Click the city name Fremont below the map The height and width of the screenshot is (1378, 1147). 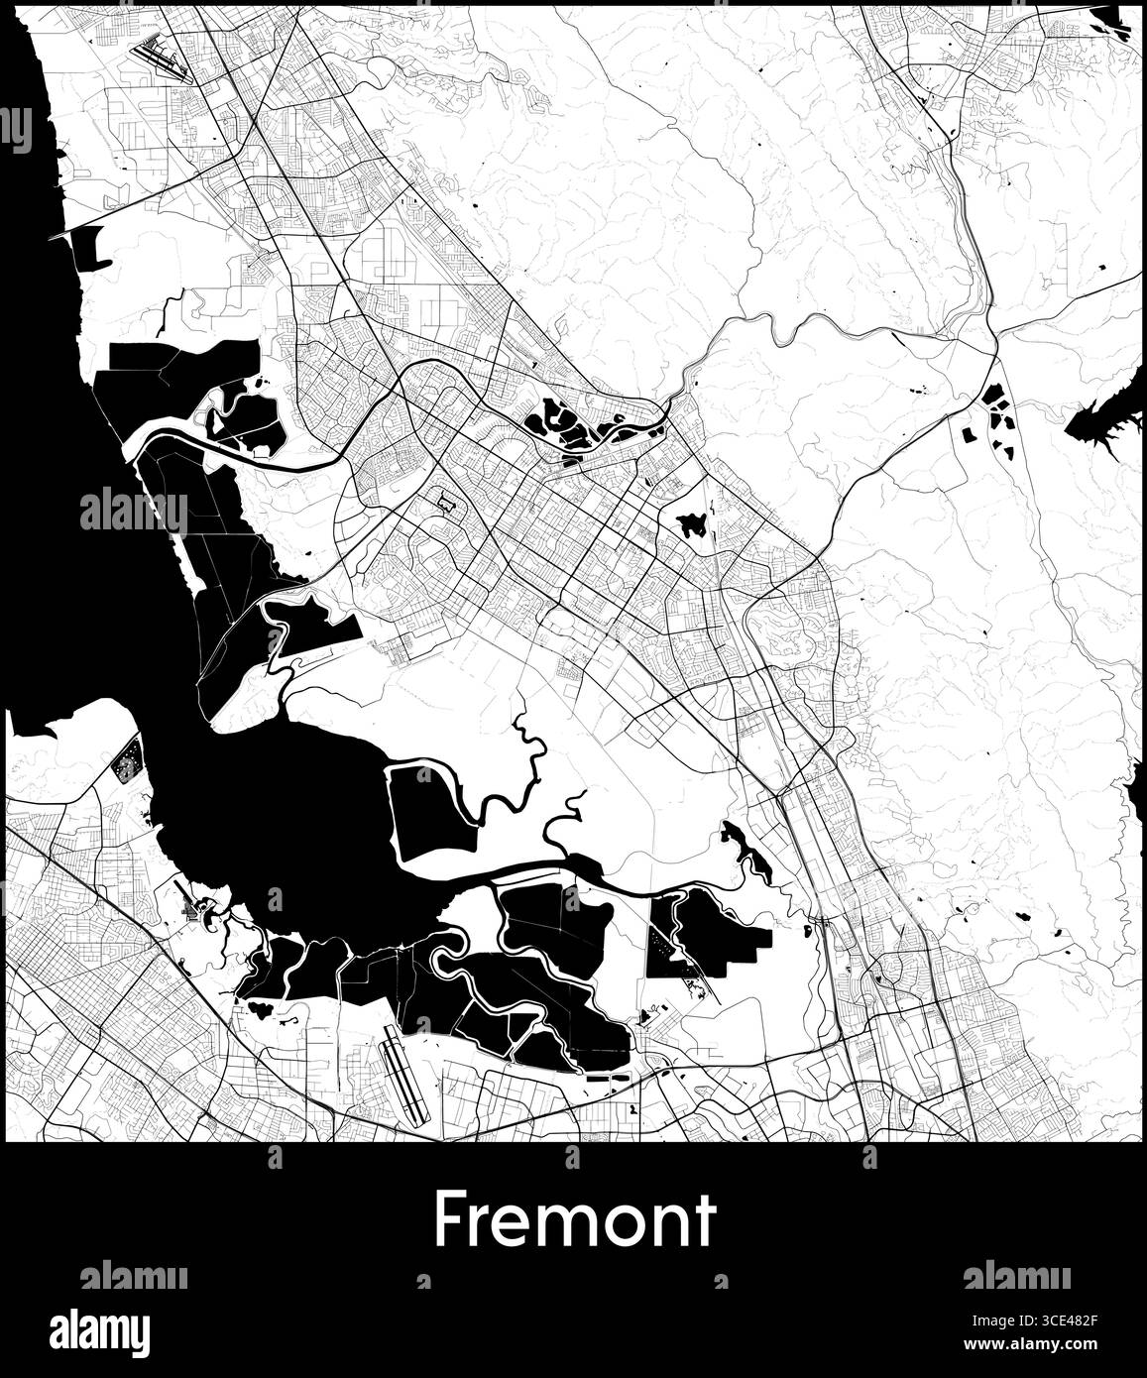(x=574, y=1220)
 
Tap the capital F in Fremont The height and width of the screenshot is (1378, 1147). (x=449, y=1220)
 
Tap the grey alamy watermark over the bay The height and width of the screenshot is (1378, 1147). (x=133, y=510)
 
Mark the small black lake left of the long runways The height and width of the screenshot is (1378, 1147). (x=262, y=1009)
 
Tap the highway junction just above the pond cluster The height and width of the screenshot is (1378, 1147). (x=994, y=355)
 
